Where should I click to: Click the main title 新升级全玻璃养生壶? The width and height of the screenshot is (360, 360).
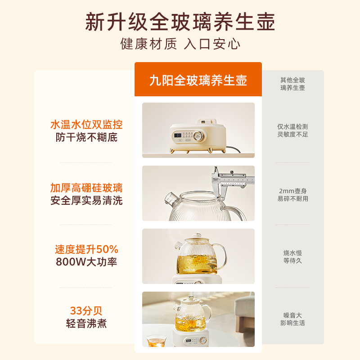(x=180, y=22)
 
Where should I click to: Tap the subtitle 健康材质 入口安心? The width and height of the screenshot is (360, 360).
(x=180, y=44)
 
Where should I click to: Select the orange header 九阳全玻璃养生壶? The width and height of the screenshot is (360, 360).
(x=198, y=81)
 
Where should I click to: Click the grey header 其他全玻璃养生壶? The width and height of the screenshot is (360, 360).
(x=292, y=84)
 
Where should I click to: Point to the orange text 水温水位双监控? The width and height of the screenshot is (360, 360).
(x=86, y=125)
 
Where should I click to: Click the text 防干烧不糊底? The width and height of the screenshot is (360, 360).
(x=86, y=137)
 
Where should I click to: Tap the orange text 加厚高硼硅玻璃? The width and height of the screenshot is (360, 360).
(x=86, y=188)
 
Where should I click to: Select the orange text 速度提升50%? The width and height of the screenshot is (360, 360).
(x=86, y=249)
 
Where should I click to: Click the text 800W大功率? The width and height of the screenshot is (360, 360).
(x=86, y=262)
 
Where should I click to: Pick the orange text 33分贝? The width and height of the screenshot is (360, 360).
(x=86, y=311)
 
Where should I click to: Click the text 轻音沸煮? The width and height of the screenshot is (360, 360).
(x=86, y=324)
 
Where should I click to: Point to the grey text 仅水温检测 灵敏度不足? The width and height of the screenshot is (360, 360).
(x=292, y=130)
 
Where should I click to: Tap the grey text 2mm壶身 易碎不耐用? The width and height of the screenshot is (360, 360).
(x=292, y=195)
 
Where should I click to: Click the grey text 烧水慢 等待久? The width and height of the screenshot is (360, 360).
(x=292, y=256)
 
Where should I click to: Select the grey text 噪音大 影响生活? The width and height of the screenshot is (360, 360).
(x=292, y=319)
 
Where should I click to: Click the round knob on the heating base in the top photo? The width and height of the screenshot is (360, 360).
(x=198, y=136)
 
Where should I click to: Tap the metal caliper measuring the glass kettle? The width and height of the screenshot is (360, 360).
(x=229, y=181)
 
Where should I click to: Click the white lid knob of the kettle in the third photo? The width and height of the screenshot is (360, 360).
(x=197, y=235)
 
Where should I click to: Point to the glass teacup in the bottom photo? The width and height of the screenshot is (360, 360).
(x=156, y=341)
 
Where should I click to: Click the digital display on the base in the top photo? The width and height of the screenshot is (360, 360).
(x=178, y=135)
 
